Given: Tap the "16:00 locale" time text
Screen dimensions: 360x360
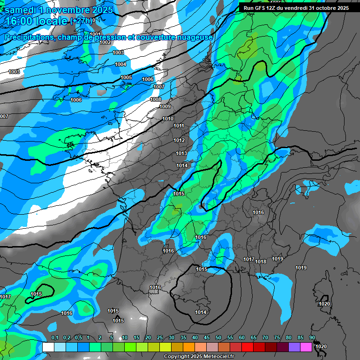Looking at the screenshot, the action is coord(36,22).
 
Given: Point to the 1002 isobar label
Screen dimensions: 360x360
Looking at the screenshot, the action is coord(105,42).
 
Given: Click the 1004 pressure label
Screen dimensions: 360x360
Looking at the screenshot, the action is coord(120,64).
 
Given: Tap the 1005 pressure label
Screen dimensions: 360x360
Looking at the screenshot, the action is coord(126,77).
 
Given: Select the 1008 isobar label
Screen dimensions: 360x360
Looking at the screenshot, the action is coord(156,99).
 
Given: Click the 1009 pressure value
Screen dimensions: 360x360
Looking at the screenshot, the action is coord(165,107).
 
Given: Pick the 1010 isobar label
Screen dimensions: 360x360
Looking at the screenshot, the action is coord(168,119).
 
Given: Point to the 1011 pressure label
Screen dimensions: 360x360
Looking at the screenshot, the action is coord(179,126).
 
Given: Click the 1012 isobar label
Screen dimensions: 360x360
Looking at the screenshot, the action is coord(179,140).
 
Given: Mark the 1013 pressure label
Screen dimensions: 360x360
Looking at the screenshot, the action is coord(182,154).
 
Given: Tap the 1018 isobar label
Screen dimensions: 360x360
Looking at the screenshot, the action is coord(261,262).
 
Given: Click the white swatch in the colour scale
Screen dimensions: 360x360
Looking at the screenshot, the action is coord(48,347).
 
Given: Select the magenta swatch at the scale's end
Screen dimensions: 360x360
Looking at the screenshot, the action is coord(306,347).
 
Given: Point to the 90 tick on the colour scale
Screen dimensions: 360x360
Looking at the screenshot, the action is coord(312,338).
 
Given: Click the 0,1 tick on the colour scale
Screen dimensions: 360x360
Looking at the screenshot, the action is coord(54,338).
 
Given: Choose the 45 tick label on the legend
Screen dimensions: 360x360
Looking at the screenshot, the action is coord(207,338).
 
